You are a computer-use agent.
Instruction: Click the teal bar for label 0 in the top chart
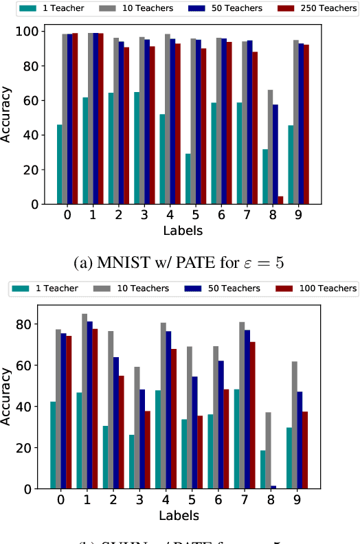60,164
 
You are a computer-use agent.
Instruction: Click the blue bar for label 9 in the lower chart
300,440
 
